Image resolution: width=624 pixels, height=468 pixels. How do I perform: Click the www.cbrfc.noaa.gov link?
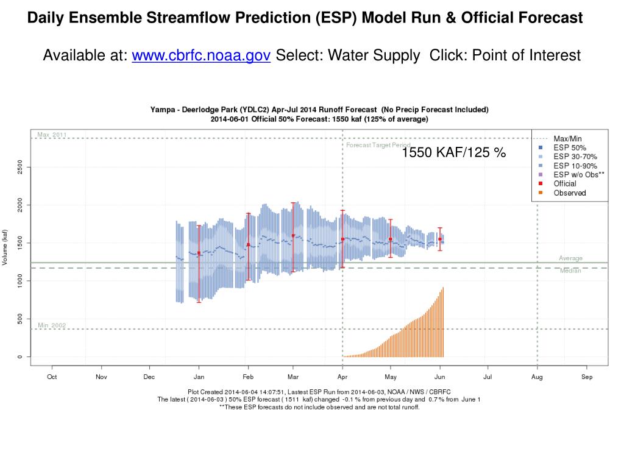[x=201, y=55]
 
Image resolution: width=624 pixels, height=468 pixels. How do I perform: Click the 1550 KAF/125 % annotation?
[x=453, y=152]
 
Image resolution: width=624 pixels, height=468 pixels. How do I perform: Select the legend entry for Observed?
[x=569, y=193]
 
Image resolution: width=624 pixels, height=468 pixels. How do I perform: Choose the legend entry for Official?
[x=564, y=183]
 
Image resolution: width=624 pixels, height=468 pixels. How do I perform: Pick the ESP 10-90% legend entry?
[x=575, y=166]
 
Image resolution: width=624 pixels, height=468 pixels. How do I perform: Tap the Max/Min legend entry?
[x=567, y=139]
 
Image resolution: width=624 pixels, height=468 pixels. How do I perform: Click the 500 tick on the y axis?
[x=21, y=319]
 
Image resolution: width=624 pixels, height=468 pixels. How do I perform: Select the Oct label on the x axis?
[x=52, y=377]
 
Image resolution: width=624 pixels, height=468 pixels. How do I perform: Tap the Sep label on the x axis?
[x=587, y=377]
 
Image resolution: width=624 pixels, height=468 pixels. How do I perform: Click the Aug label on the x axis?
[x=537, y=377]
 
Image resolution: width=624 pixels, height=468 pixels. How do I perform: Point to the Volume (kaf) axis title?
[x=5, y=247]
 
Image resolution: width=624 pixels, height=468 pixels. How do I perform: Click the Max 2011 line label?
[x=52, y=135]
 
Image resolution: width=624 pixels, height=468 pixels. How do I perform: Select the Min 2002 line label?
[x=52, y=325]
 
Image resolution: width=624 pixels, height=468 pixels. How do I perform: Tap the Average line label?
[x=570, y=258]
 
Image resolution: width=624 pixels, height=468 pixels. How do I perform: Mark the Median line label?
[x=570, y=271]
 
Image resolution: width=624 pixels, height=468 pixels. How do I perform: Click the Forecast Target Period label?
[x=378, y=145]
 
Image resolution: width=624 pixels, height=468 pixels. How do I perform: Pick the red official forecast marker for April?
[x=342, y=239]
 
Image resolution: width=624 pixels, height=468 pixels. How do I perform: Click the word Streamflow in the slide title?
[x=187, y=18]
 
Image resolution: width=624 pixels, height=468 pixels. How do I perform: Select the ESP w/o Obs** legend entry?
[x=578, y=174]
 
